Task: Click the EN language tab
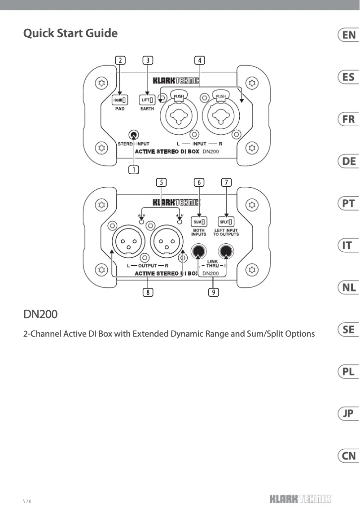pos(348,35)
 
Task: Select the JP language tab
pos(348,414)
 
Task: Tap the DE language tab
pos(348,161)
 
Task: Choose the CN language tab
pos(348,456)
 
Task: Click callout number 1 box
pos(133,169)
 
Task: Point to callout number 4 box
pos(200,60)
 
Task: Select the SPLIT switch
pos(226,221)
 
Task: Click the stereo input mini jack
pos(134,135)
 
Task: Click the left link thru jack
pos(199,251)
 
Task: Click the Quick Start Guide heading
pos(70,33)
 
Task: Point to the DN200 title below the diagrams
pos(40,315)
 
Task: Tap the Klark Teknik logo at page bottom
pos(300,499)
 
